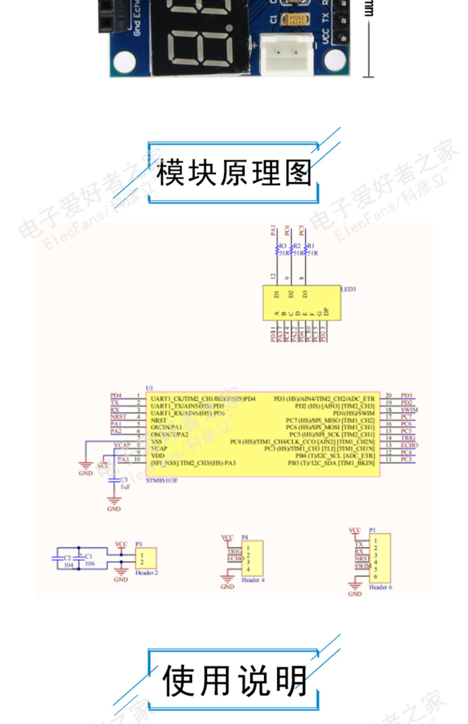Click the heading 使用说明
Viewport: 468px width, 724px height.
[234, 681]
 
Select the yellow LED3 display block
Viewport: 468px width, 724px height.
[301, 302]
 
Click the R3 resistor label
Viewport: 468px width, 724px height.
[283, 246]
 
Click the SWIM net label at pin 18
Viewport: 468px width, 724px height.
[409, 410]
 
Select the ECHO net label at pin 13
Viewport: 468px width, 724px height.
[409, 445]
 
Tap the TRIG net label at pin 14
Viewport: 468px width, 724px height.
[408, 438]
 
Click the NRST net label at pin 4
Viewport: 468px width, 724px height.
[118, 417]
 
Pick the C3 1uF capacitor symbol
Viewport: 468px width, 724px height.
[114, 480]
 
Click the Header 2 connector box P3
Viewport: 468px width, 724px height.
[146, 558]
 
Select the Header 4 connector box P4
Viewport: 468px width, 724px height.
[252, 558]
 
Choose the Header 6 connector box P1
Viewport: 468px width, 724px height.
[379, 558]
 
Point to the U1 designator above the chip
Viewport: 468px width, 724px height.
[149, 388]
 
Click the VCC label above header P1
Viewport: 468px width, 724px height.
[354, 530]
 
